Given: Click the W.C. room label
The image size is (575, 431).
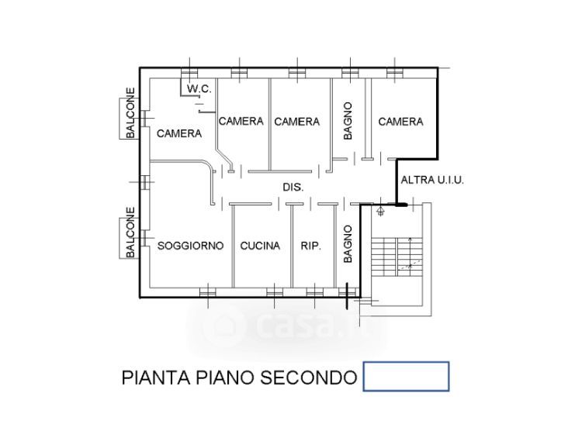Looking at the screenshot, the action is pyautogui.click(x=199, y=88).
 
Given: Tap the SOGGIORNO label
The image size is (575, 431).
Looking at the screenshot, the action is pyautogui.click(x=190, y=245).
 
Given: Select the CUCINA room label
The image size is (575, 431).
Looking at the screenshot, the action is pyautogui.click(x=260, y=245).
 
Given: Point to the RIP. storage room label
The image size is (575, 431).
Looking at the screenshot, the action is pyautogui.click(x=310, y=246).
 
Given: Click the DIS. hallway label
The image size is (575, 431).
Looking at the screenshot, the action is pyautogui.click(x=293, y=187).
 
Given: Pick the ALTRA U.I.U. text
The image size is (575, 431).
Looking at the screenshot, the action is pyautogui.click(x=432, y=180).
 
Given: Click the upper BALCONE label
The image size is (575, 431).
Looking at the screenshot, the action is pyautogui.click(x=130, y=112).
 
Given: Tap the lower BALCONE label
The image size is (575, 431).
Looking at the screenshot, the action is pyautogui.click(x=130, y=233).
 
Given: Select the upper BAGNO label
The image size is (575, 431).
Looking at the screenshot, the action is pyautogui.click(x=348, y=121).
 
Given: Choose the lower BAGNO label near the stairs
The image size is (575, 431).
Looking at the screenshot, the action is pyautogui.click(x=348, y=244).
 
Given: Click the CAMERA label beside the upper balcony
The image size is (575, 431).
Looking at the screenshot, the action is pyautogui.click(x=179, y=133).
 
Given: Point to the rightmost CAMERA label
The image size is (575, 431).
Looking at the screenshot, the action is pyautogui.click(x=400, y=122).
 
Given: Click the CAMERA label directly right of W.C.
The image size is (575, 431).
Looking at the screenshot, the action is pyautogui.click(x=241, y=121).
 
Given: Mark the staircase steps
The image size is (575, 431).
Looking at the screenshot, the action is pyautogui.click(x=397, y=257).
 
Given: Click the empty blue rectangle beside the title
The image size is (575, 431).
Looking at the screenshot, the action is pyautogui.click(x=407, y=377).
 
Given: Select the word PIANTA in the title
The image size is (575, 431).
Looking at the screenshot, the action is pyautogui.click(x=156, y=378).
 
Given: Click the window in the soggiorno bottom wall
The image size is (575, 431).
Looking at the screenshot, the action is pyautogui.click(x=207, y=292).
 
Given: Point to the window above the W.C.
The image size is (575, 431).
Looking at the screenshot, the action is pyautogui.click(x=189, y=73).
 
